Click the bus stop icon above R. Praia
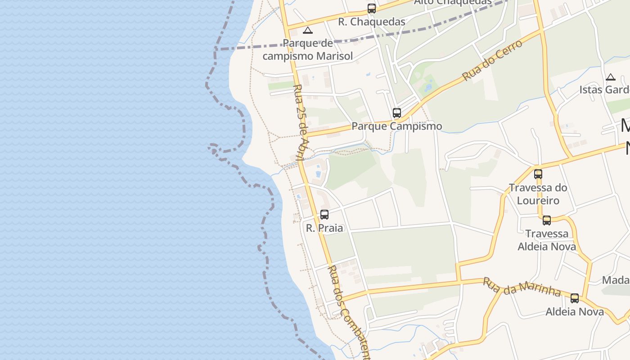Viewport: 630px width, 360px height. pyautogui.click(x=324, y=215)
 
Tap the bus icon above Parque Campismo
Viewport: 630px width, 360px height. pyautogui.click(x=396, y=113)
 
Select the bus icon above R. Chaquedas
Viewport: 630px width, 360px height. pyautogui.click(x=372, y=9)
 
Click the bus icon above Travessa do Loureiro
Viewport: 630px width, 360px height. pyautogui.click(x=538, y=174)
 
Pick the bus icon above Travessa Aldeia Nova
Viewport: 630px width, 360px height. pyautogui.click(x=547, y=220)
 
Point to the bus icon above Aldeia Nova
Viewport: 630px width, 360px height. pyautogui.click(x=575, y=298)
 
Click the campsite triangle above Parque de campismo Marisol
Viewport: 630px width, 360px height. pyautogui.click(x=308, y=31)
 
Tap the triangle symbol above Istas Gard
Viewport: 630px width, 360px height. pyautogui.click(x=611, y=77)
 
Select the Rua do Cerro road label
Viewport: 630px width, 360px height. pyautogui.click(x=492, y=60)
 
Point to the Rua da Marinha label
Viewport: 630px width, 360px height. pyautogui.click(x=522, y=287)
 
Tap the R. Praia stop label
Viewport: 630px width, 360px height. pyautogui.click(x=324, y=228)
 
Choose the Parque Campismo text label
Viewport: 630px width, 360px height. pyautogui.click(x=396, y=126)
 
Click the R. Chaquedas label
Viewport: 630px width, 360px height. pyautogui.click(x=372, y=22)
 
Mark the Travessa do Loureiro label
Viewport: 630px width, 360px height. pyautogui.click(x=538, y=194)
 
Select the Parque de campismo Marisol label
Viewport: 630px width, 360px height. pyautogui.click(x=308, y=50)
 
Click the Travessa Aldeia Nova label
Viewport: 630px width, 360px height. pyautogui.click(x=547, y=240)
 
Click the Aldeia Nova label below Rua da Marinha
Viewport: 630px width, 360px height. pyautogui.click(x=575, y=311)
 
